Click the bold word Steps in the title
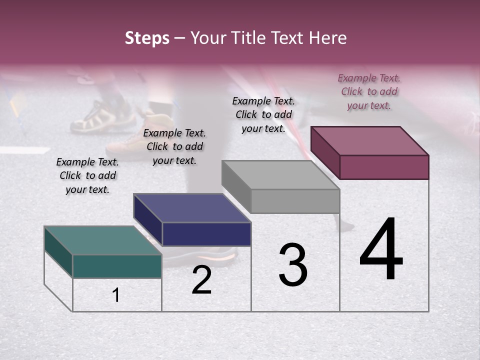click(x=147, y=38)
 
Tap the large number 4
click(x=381, y=250)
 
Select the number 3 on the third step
click(x=293, y=265)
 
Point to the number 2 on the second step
click(x=201, y=280)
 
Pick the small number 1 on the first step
click(x=116, y=295)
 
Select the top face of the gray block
click(x=280, y=175)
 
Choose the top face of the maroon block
click(x=369, y=140)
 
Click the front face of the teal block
click(x=117, y=266)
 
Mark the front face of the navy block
click(x=206, y=234)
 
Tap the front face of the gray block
click(x=295, y=201)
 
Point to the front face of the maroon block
click(x=384, y=167)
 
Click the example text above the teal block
click(x=87, y=175)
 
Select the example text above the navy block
click(x=174, y=146)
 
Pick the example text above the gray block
click(x=263, y=114)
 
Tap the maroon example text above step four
click(x=369, y=91)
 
